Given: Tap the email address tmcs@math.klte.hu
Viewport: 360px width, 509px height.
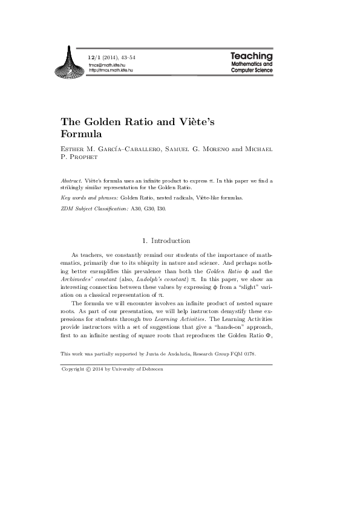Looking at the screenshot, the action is tap(106, 65).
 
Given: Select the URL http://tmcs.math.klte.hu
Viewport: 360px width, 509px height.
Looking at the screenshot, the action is tap(111, 70).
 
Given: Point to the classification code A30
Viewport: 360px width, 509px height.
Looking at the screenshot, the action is tap(136, 209).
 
